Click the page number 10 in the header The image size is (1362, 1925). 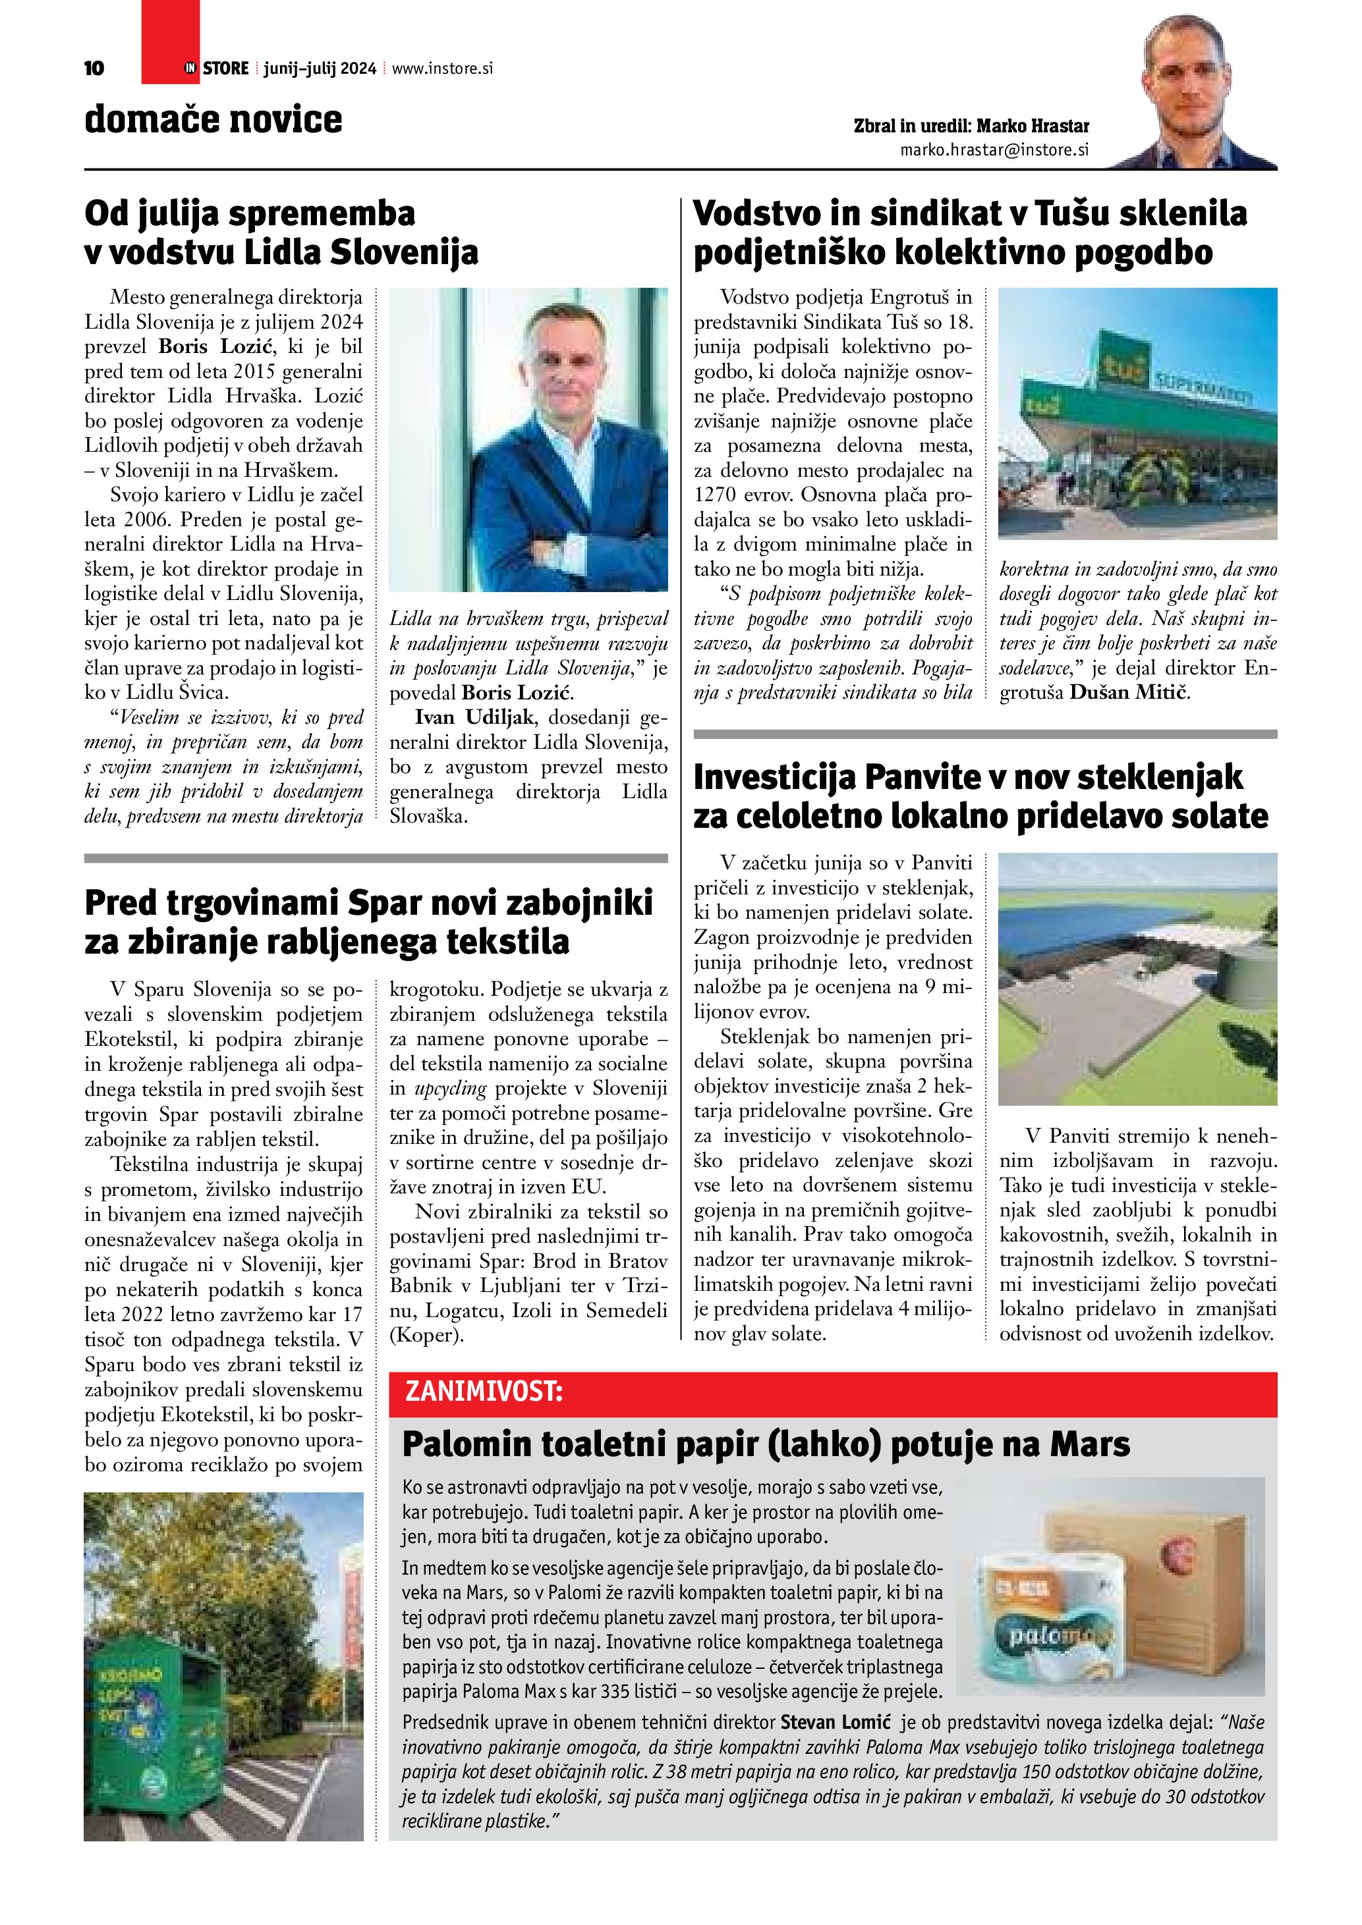[x=95, y=68]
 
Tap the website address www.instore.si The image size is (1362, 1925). [x=442, y=68]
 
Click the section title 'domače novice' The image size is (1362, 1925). [x=213, y=119]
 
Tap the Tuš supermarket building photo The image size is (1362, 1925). [x=1137, y=414]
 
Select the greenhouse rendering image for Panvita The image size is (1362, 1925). [x=1137, y=979]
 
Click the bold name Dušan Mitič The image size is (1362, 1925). [x=1129, y=693]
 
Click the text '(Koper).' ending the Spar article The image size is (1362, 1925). [x=426, y=1335]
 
